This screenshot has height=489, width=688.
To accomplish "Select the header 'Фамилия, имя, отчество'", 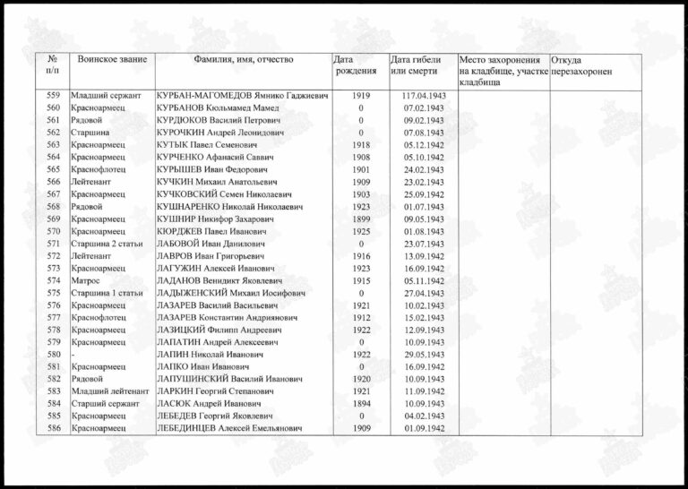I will point(243,59).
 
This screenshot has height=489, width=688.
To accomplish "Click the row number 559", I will point(53,95).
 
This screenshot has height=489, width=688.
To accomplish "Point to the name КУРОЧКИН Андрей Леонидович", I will point(219,132).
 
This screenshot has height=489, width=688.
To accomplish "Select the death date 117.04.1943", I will point(417,95).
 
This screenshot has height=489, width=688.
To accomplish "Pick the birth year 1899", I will point(361,219).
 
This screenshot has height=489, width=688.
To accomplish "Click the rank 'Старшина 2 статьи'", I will point(106,244).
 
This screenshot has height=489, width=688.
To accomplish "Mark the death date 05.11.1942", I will point(417,280).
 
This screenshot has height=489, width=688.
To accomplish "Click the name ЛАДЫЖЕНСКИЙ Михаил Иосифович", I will point(230,293).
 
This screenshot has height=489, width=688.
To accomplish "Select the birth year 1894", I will point(361,404).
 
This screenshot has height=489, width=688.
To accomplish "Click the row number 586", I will point(53,429).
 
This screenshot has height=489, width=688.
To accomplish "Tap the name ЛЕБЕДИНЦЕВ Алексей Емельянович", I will point(228,429).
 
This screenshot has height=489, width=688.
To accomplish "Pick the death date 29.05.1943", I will point(417,355).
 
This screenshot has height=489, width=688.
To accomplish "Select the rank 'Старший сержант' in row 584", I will point(103,404).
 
